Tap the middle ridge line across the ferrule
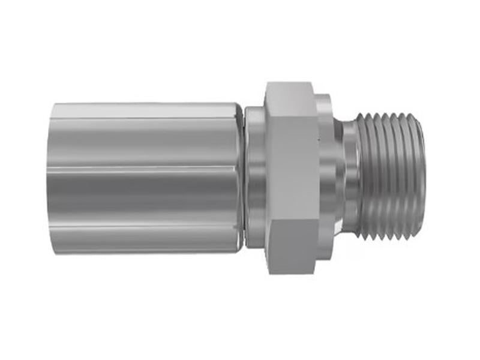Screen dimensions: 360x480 [x=144, y=169]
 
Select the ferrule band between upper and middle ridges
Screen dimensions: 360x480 [x=144, y=144]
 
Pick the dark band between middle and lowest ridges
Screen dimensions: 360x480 [x=144, y=198]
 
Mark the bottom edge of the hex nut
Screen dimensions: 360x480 [x=293, y=273]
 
